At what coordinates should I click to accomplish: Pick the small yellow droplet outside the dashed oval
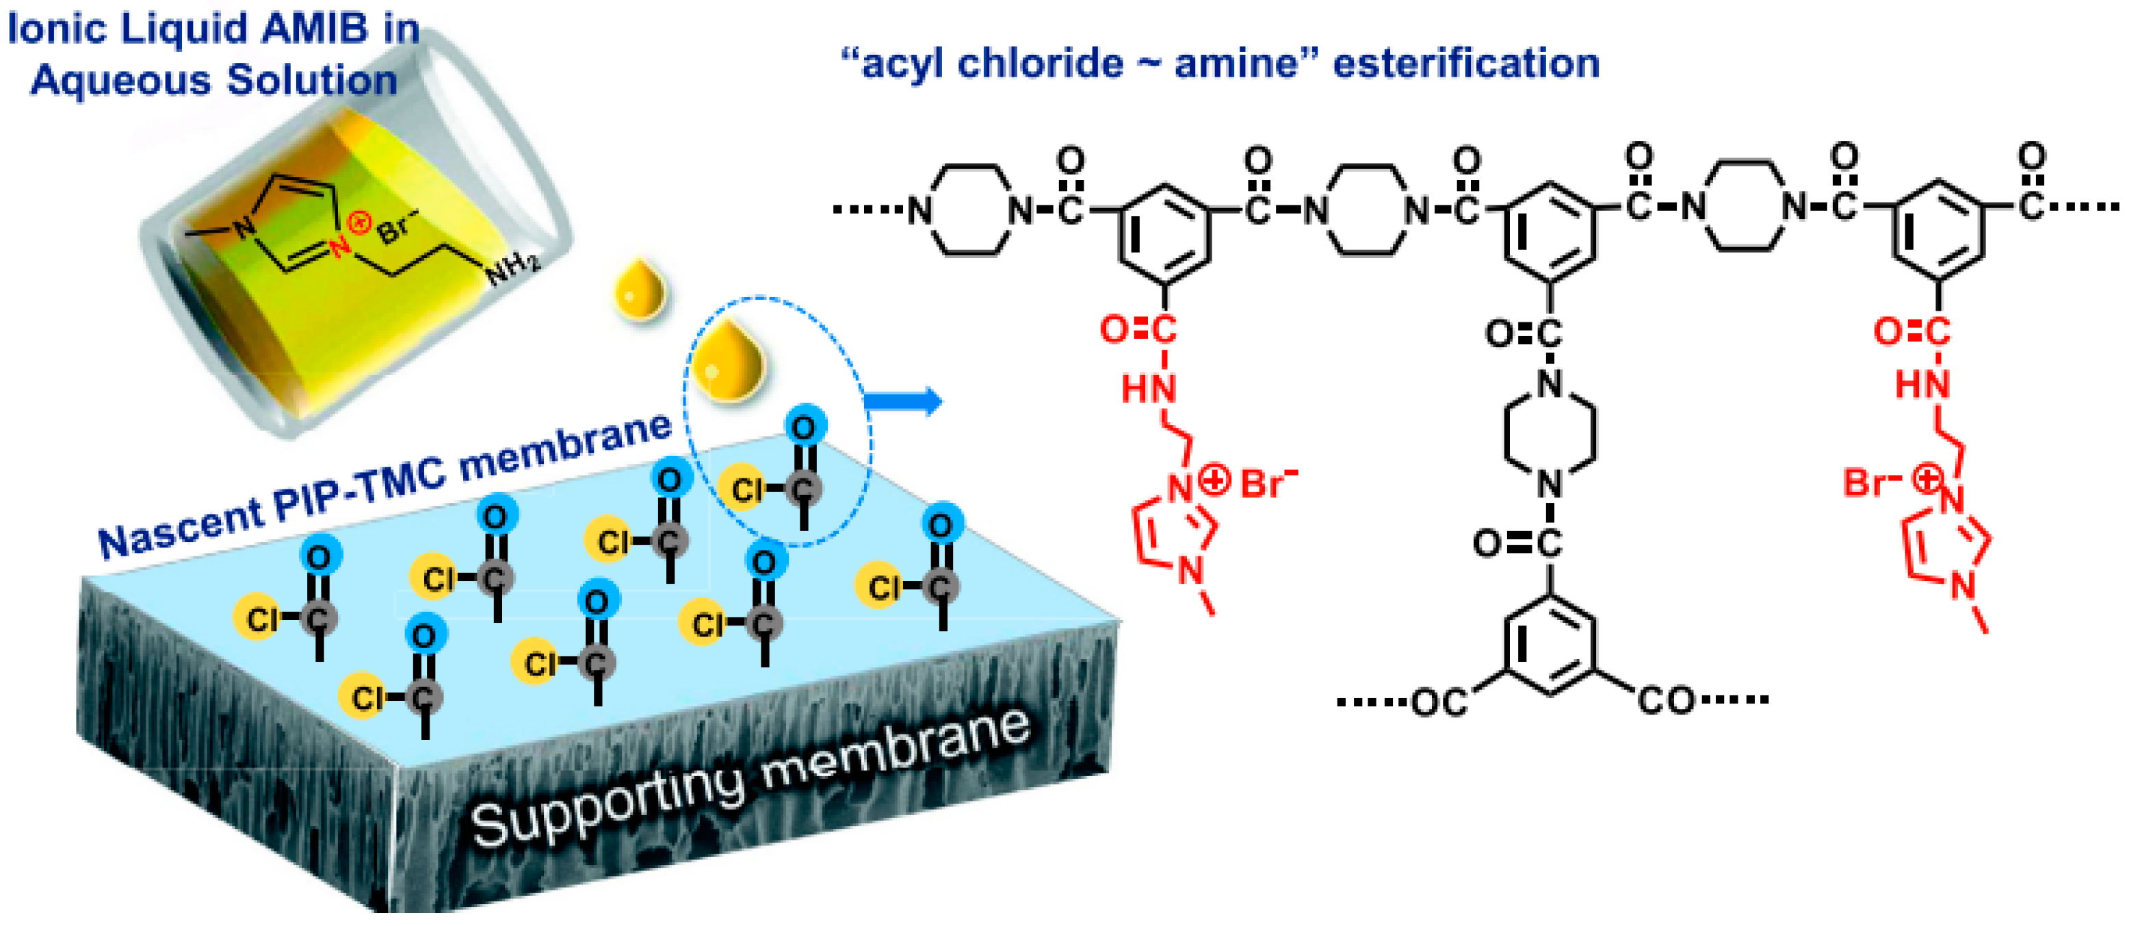pyautogui.click(x=640, y=290)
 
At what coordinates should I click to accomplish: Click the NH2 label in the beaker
pyautogui.click(x=513, y=267)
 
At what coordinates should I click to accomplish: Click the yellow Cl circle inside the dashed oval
pyautogui.click(x=744, y=489)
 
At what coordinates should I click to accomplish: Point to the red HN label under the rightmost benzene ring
pyautogui.click(x=1922, y=384)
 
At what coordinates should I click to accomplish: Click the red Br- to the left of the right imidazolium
pyautogui.click(x=1870, y=482)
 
